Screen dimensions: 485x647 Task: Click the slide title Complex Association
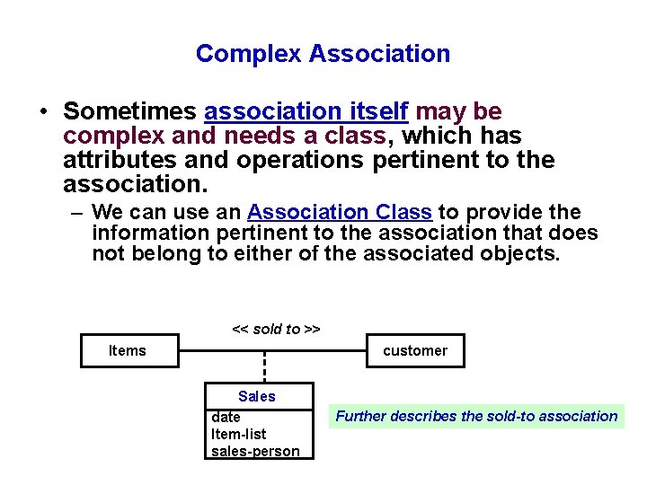[323, 54]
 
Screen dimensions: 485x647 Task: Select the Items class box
[127, 351]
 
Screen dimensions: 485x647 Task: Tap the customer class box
[415, 351]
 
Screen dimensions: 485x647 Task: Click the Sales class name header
[257, 396]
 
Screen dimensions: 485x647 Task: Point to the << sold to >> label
[276, 329]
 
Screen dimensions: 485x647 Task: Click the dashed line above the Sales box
[264, 366]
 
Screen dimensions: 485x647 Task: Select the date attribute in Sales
[226, 418]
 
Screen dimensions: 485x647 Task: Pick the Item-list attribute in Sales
[238, 435]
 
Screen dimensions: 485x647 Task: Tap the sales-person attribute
[255, 451]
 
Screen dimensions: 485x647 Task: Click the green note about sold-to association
[476, 416]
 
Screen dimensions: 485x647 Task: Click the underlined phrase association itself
[306, 111]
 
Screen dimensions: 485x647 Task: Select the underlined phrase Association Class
[341, 213]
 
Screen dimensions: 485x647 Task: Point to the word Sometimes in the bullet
[131, 111]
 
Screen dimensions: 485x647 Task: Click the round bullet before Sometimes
[43, 112]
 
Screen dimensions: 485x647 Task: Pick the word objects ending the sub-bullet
[524, 254]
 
